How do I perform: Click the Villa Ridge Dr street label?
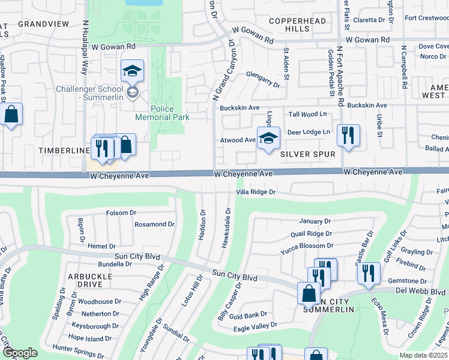click(255, 192)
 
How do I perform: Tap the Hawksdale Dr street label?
click(226, 228)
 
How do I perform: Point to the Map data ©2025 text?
click(423, 355)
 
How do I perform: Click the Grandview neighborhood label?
click(44, 24)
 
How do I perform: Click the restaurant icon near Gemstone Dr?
click(369, 273)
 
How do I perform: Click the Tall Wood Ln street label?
click(307, 114)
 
